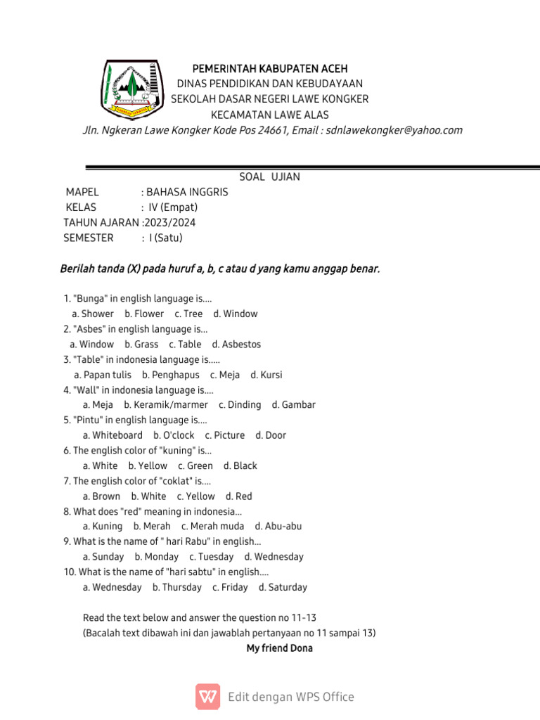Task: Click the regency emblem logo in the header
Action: point(130,89)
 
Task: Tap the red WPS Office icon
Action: point(207,696)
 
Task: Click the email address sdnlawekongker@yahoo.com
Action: point(394,130)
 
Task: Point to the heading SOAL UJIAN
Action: point(269,176)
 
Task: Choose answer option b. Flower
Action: point(144,314)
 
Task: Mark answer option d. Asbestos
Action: point(236,345)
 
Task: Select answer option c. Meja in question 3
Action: point(225,375)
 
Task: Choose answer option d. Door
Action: point(271,435)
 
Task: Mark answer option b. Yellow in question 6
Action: point(148,465)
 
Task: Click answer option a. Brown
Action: point(101,496)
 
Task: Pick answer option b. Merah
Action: point(152,526)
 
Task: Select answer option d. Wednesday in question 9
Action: point(274,557)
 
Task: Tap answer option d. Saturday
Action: point(283,587)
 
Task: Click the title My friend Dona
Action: point(279,648)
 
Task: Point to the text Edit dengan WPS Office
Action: point(291,697)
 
